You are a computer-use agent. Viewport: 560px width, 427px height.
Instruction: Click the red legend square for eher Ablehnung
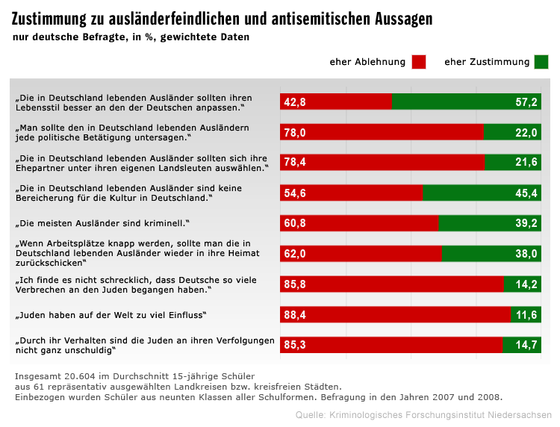[x=418, y=62]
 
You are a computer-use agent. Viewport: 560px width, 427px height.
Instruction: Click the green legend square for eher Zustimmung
[x=541, y=62]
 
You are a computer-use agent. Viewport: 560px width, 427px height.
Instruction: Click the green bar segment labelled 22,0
[x=511, y=133]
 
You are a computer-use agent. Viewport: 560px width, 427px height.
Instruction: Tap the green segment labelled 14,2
[x=522, y=284]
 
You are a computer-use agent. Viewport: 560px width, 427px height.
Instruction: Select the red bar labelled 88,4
[x=396, y=314]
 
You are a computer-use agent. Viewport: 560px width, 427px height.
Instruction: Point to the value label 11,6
[x=526, y=314]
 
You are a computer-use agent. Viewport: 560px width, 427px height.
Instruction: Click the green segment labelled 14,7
[x=521, y=345]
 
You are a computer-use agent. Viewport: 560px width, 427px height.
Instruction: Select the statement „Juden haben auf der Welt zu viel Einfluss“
[x=111, y=314]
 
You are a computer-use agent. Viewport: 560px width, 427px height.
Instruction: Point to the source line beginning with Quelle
[x=423, y=414]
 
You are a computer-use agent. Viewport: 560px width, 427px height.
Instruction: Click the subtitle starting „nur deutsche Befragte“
[x=131, y=37]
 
